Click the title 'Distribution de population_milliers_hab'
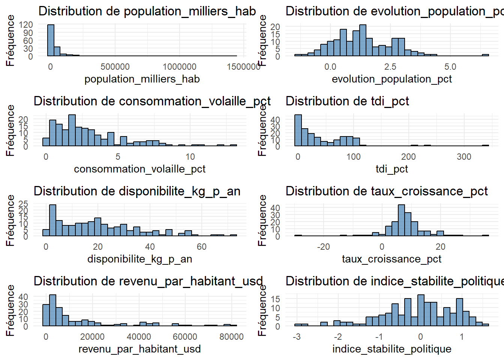coord(147,11)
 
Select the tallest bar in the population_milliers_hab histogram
coord(51,40)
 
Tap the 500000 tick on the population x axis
coord(115,67)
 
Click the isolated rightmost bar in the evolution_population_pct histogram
coord(485,55)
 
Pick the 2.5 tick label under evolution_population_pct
coord(390,67)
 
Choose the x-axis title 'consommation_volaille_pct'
coord(139,169)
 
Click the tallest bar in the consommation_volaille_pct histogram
coord(72,130)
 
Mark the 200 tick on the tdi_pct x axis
coord(408,157)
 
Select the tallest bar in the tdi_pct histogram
coord(298,130)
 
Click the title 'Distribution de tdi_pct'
coord(347,101)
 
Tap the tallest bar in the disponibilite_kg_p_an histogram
coord(53,220)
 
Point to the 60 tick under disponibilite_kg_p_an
coord(201,247)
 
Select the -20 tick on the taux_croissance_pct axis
coord(323,247)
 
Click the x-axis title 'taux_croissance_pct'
coord(391,259)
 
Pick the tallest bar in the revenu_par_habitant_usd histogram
coord(53,310)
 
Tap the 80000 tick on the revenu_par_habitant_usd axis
coord(231,337)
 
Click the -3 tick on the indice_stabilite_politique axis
coord(297,337)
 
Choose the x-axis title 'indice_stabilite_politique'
coord(391,349)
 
